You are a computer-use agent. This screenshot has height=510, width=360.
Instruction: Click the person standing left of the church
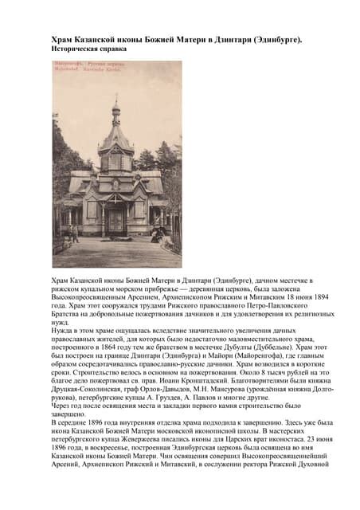pyautogui.click(x=76, y=232)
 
